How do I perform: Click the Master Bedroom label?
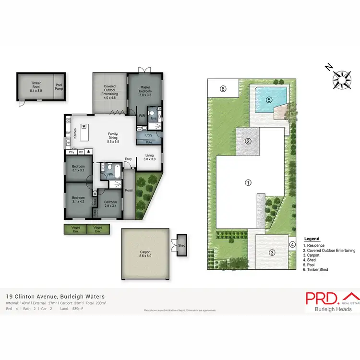[145, 91]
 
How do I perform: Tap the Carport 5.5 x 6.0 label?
[145, 254]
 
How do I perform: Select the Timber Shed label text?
[36, 86]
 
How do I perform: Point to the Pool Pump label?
[59, 86]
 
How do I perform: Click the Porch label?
[129, 191]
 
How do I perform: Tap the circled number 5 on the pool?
[269, 100]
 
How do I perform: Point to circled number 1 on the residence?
[248, 182]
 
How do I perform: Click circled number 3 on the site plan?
[272, 253]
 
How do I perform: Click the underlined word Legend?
[312, 239]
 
